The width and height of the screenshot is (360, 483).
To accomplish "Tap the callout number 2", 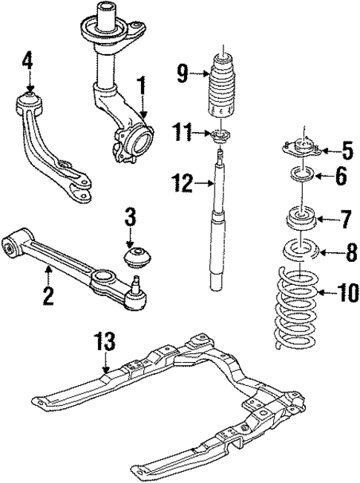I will pos(49,295).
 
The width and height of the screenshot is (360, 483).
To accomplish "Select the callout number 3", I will pos(130,220).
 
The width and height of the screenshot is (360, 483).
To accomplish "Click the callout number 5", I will pos(347,154).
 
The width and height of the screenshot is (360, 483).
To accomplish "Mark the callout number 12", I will pos(180,180).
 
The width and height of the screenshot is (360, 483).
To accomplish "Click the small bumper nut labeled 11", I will pos(220,135).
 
